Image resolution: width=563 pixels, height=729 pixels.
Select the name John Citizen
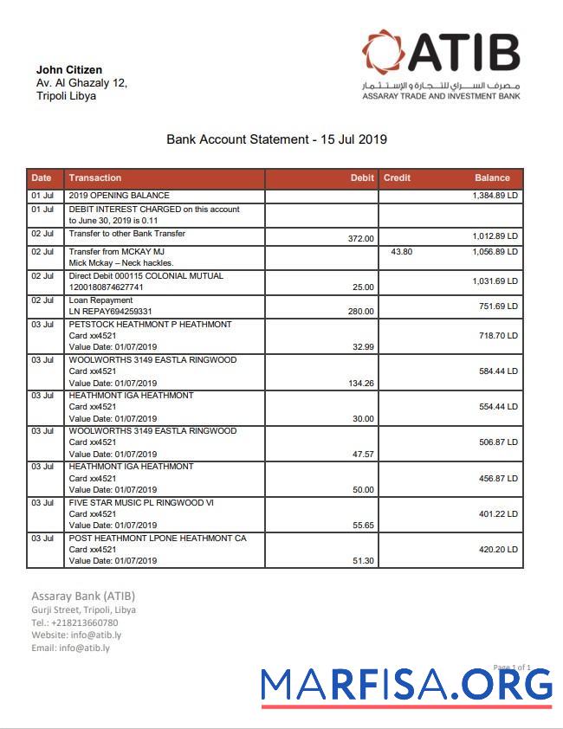(69, 69)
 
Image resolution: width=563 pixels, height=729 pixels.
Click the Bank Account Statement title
(276, 139)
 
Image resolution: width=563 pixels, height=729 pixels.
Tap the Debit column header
(362, 177)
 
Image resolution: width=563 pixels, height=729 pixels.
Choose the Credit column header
(397, 177)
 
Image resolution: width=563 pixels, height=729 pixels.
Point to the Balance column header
(492, 177)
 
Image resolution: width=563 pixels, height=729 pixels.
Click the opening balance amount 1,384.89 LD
(495, 197)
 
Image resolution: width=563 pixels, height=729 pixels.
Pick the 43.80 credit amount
(401, 251)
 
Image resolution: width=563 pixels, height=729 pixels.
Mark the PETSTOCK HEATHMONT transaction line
(150, 325)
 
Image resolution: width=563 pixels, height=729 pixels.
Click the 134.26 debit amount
(359, 383)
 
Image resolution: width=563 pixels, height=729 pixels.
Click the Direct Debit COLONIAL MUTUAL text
(146, 276)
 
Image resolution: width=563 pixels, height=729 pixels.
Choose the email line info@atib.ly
(70, 648)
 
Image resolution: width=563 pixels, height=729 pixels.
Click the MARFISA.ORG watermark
(406, 685)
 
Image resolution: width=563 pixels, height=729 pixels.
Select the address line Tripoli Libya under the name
(66, 96)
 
